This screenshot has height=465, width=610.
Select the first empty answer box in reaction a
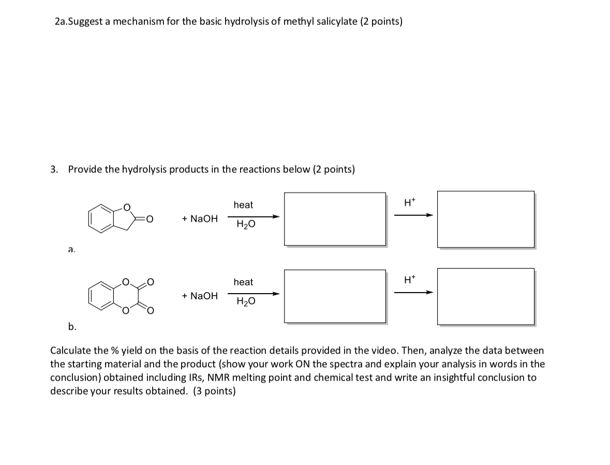pos(334,219)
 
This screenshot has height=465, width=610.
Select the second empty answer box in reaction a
pos(485,219)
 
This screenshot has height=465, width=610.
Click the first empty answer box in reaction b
pos(334,296)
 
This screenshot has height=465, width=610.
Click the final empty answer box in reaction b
pos(485,296)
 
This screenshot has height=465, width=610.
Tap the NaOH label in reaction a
pos(200,219)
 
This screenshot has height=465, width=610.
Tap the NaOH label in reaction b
pos(200,296)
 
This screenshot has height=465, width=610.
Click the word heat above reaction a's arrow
pos(243,205)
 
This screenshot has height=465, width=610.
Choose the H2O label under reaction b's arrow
pos(245,301)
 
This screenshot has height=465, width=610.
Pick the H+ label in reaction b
pos(409,281)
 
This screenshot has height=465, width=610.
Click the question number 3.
pos(54,169)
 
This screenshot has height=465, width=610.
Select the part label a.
pos(71,250)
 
